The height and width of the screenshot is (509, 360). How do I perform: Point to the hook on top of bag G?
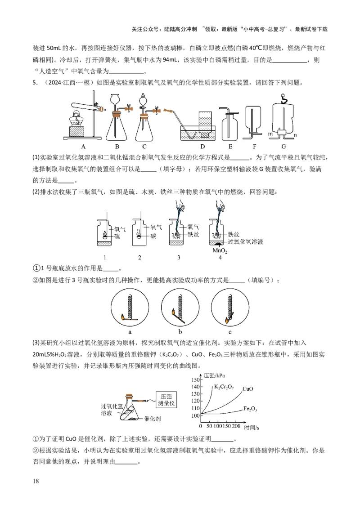[283, 97]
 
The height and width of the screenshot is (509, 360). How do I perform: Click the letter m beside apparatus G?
[270, 134]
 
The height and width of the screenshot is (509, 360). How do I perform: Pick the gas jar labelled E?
[230, 124]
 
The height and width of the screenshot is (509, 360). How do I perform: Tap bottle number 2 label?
[139, 258]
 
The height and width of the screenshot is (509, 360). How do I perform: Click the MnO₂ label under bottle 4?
[220, 251]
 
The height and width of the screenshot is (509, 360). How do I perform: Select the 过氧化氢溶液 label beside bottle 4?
[245, 242]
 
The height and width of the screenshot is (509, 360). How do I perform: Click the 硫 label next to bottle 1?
[117, 236]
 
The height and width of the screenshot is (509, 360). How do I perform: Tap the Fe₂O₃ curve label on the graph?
[250, 409]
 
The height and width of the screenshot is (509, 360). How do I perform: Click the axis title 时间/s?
[252, 425]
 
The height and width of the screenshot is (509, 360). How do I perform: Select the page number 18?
[36, 482]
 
